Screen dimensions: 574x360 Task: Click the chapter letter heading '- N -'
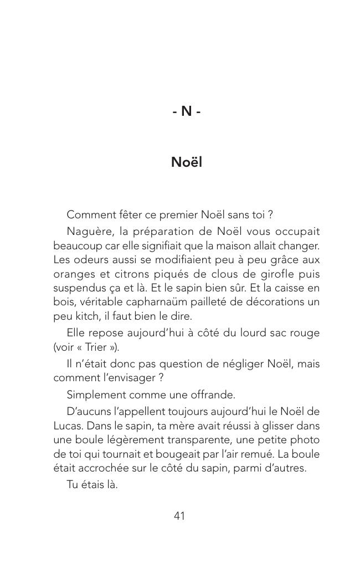point(186,111)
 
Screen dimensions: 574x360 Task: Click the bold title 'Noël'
point(186,162)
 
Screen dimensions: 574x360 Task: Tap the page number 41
point(179,516)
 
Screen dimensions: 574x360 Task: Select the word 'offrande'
point(208,394)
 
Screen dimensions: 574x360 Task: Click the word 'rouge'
point(305,334)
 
